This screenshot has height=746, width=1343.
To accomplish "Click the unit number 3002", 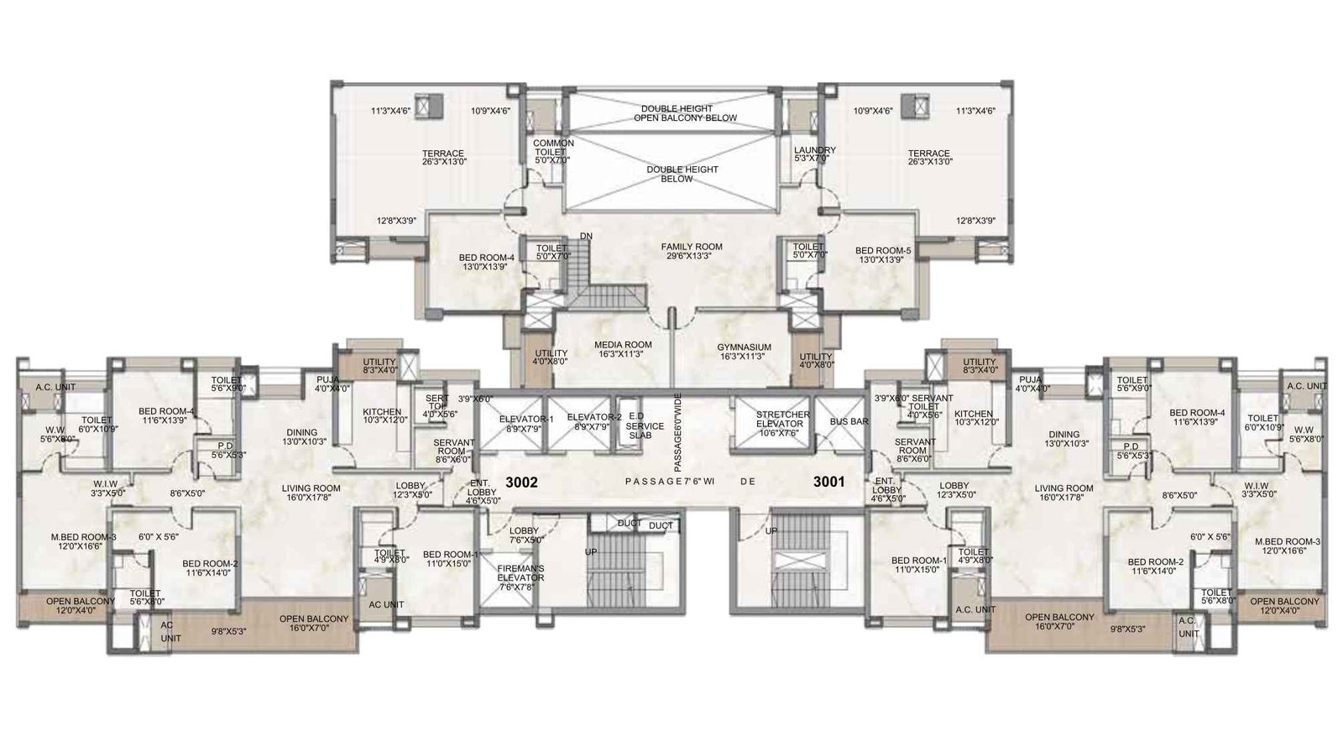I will point(520,483).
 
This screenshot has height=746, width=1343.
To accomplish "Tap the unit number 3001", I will point(828,483).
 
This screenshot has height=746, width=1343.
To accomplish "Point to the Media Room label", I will point(623,350).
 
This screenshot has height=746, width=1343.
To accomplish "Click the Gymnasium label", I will point(744,350).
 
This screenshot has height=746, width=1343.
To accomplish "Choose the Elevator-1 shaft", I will point(526,423).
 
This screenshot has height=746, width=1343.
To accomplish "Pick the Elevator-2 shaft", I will point(593,423).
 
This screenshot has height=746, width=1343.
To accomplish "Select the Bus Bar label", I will point(849,421).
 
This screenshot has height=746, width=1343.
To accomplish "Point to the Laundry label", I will point(814,154).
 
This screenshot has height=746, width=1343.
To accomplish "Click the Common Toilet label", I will point(553,151).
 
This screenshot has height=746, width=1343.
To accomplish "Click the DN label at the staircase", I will point(586,237).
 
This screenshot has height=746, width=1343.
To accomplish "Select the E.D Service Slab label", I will point(645,425).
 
